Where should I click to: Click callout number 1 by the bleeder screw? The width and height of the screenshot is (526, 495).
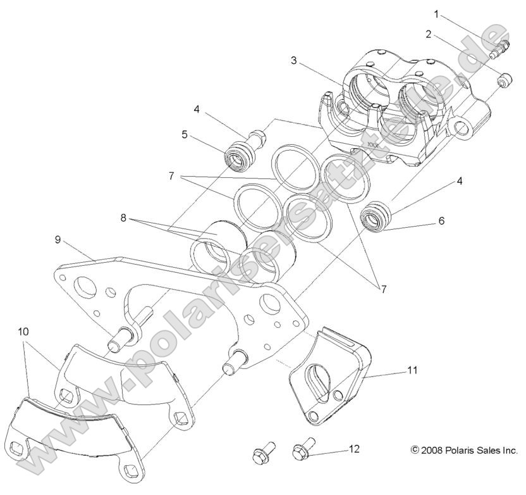tap(436, 13)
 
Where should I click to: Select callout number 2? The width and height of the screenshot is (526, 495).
tap(429, 34)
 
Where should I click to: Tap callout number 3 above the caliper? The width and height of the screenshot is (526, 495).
tap(293, 61)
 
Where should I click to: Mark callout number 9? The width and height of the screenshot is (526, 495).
tap(58, 240)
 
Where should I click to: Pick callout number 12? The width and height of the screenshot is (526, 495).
tap(355, 449)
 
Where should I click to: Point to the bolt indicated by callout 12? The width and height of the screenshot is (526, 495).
tap(302, 452)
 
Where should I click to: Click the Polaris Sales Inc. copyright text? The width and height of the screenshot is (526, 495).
tap(465, 449)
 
